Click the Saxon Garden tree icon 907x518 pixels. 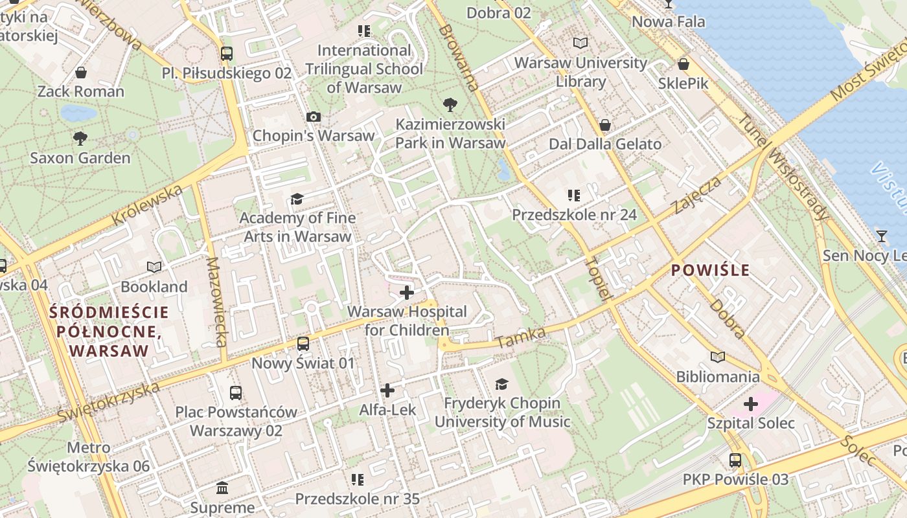[80, 138]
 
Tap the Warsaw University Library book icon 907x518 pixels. [580, 43]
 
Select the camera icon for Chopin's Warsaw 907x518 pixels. [314, 117]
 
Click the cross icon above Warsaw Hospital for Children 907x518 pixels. [407, 293]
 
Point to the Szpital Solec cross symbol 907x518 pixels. [751, 405]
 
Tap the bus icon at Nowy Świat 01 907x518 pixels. [303, 344]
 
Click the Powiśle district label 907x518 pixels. [710, 271]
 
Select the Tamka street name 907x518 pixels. [520, 337]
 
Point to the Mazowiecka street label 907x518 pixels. [216, 302]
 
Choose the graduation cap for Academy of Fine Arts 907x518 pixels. [297, 199]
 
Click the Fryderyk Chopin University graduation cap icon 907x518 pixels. [502, 385]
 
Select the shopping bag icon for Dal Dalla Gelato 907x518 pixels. [605, 125]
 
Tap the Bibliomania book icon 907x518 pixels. [717, 357]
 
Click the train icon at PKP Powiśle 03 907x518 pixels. [735, 460]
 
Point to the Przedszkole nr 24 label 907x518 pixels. [574, 214]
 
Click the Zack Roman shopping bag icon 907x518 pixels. [81, 73]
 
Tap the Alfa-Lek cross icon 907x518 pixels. [387, 390]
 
